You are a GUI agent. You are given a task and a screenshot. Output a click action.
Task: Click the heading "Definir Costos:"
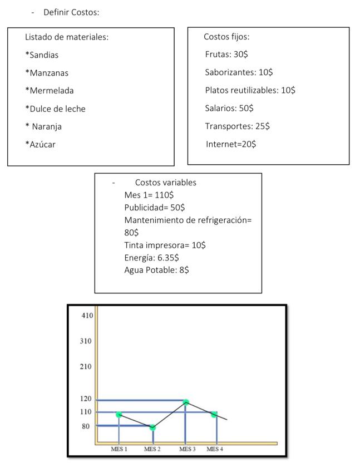75,12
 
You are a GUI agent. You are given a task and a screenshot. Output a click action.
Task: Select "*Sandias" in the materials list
42,55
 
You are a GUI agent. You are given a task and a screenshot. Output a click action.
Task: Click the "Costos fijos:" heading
226,37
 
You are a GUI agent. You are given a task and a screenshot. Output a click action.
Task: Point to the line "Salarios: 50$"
229,108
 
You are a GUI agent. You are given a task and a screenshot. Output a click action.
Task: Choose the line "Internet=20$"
231,144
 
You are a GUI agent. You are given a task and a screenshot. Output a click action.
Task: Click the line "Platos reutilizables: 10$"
250,90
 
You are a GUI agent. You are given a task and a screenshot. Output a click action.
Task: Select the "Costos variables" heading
166,183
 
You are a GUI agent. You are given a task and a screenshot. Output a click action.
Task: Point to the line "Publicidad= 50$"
155,208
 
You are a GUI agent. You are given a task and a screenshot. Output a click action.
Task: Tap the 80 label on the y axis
86,426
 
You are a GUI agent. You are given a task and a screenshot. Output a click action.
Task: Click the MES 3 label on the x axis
188,449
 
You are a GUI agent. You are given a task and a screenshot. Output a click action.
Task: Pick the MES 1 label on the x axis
119,449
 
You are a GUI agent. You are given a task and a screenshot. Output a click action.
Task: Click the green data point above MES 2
153,427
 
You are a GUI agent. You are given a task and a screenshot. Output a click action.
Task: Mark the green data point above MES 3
186,402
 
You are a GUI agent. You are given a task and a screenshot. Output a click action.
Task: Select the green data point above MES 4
214,414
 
